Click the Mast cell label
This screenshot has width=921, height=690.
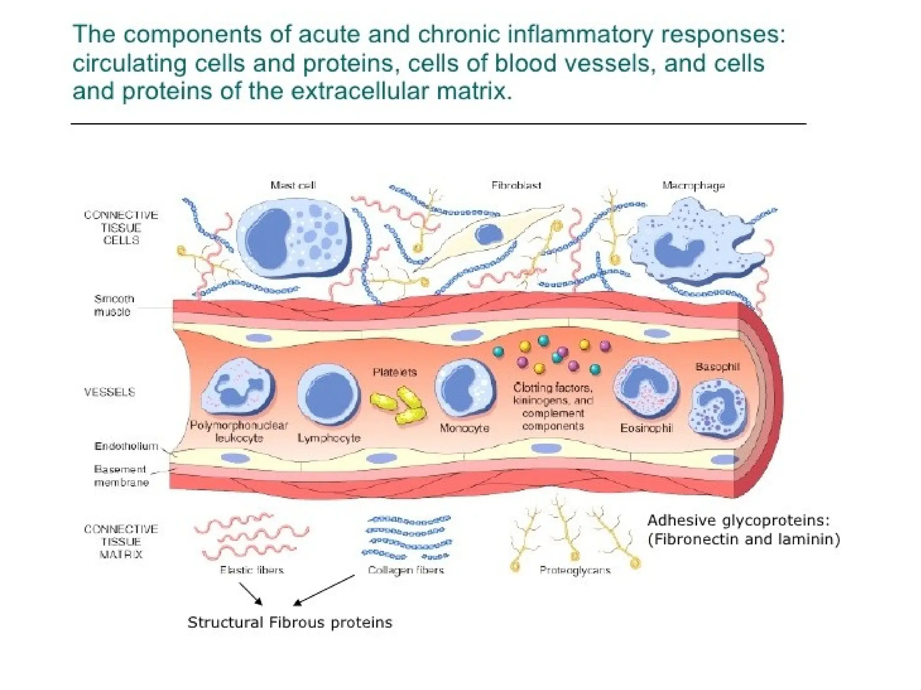[293, 185]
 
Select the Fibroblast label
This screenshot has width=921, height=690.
[516, 185]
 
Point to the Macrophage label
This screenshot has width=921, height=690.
[693, 186]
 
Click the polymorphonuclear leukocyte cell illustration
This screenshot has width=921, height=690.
[238, 387]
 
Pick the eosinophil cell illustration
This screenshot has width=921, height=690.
[646, 387]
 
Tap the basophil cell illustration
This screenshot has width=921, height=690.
[718, 409]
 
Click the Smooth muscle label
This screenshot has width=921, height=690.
[113, 305]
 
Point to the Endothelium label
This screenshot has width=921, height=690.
[126, 446]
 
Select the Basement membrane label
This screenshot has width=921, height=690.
[121, 476]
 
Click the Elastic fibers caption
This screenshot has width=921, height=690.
[252, 570]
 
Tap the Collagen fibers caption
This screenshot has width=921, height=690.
[406, 570]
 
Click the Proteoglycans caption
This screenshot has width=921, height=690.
[575, 570]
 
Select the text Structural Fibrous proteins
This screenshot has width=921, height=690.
[290, 623]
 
